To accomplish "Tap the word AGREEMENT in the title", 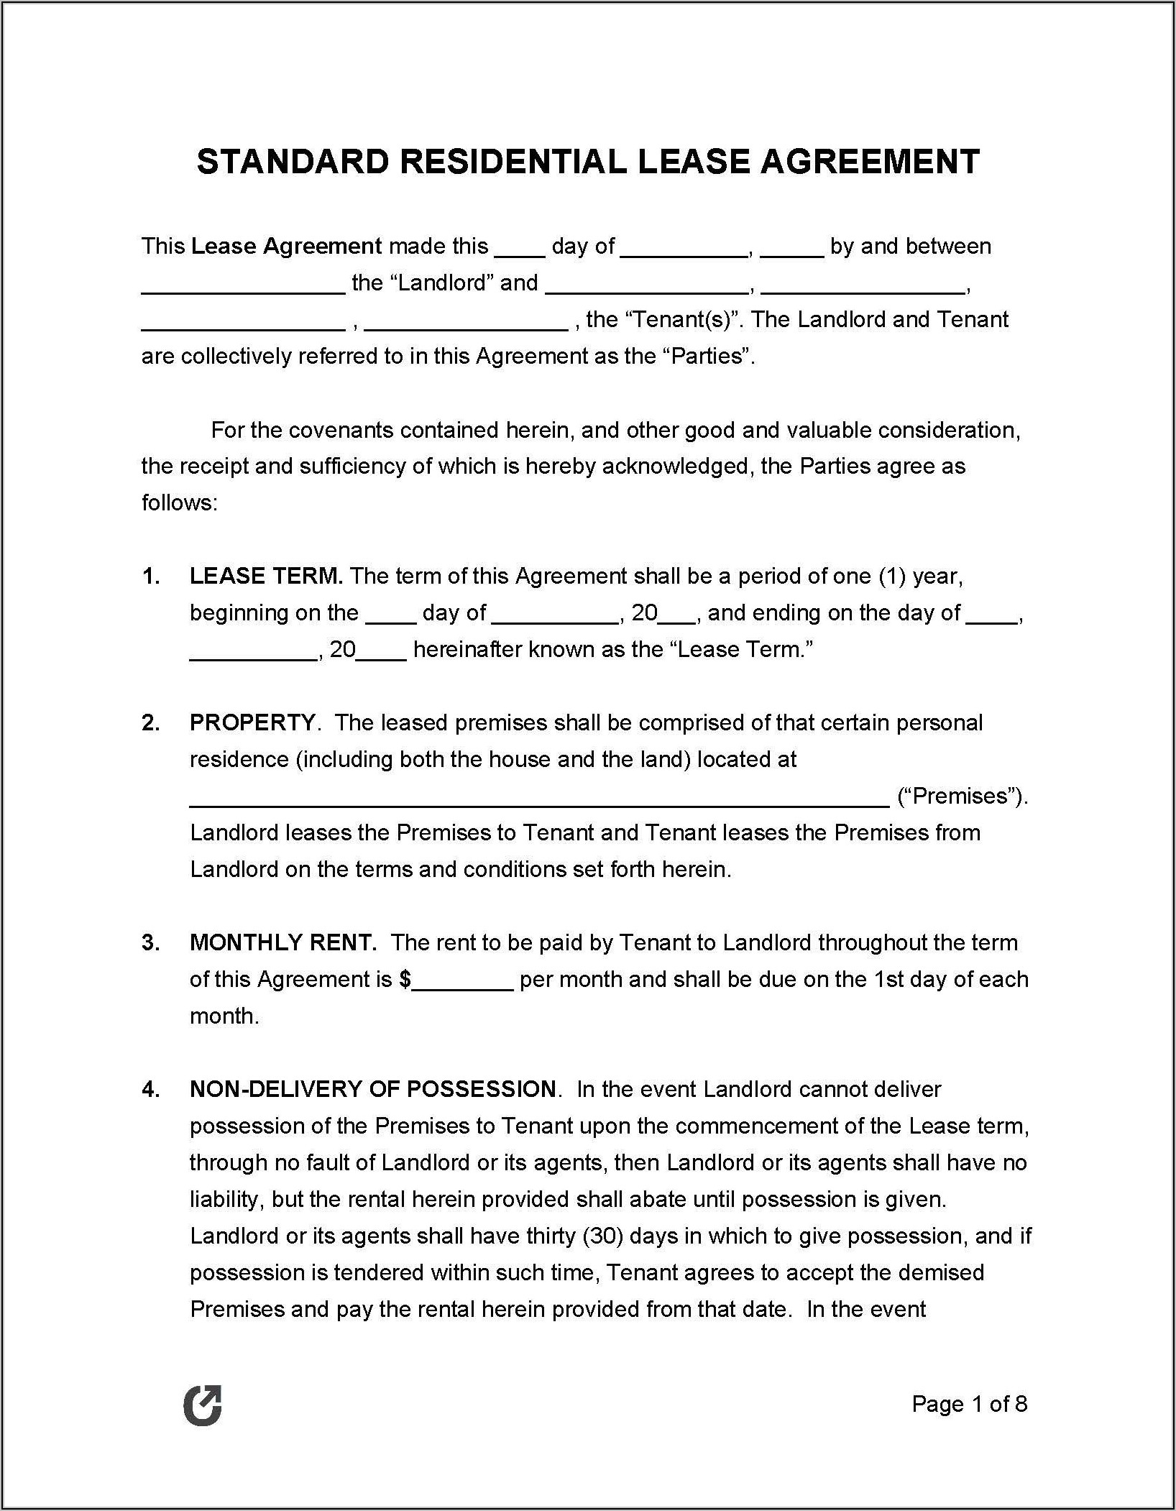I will [870, 162].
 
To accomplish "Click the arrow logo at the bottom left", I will [203, 1405].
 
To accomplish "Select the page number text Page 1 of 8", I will [969, 1404].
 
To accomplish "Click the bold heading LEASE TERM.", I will [266, 577].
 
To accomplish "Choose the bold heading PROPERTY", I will [252, 723].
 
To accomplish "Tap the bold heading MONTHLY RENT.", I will [282, 943].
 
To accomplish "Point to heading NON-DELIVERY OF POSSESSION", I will [373, 1090].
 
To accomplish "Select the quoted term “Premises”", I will [962, 796].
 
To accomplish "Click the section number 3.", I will [150, 943].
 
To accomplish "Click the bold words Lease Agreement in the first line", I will [286, 247].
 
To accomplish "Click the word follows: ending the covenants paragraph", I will [179, 503].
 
